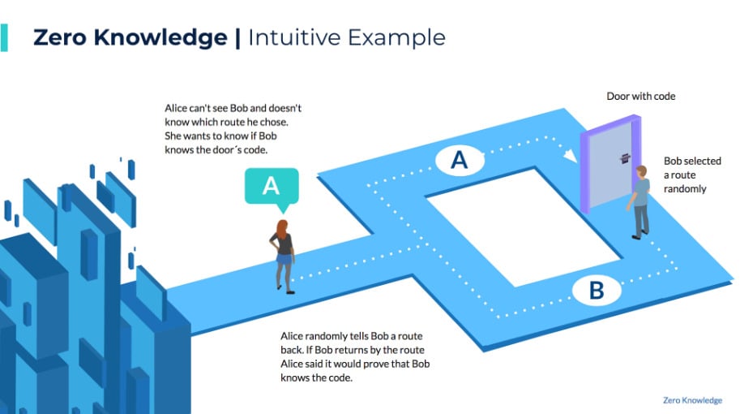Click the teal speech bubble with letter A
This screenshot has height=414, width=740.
point(272,188)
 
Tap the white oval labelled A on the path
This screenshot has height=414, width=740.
point(460,160)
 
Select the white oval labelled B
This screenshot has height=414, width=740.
point(597,290)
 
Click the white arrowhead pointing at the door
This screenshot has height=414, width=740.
point(571,156)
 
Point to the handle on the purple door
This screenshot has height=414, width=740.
point(625,158)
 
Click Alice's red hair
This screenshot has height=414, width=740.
point(282,229)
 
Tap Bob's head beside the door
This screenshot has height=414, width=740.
point(641,171)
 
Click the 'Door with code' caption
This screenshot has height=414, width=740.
point(641,97)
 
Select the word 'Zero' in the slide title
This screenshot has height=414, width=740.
point(60,37)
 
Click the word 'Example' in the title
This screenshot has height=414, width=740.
point(397,38)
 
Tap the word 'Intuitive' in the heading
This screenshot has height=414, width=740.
point(294,37)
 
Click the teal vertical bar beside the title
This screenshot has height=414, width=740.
point(4,37)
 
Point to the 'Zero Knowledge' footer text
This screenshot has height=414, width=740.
point(692,400)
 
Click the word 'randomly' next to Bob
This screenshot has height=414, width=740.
point(685,189)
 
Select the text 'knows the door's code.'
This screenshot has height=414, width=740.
point(216,150)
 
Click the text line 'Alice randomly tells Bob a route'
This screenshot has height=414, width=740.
point(352,336)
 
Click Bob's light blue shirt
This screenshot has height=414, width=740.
point(641,192)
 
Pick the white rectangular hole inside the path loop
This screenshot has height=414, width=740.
point(524,226)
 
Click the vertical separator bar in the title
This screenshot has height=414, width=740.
point(237,38)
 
